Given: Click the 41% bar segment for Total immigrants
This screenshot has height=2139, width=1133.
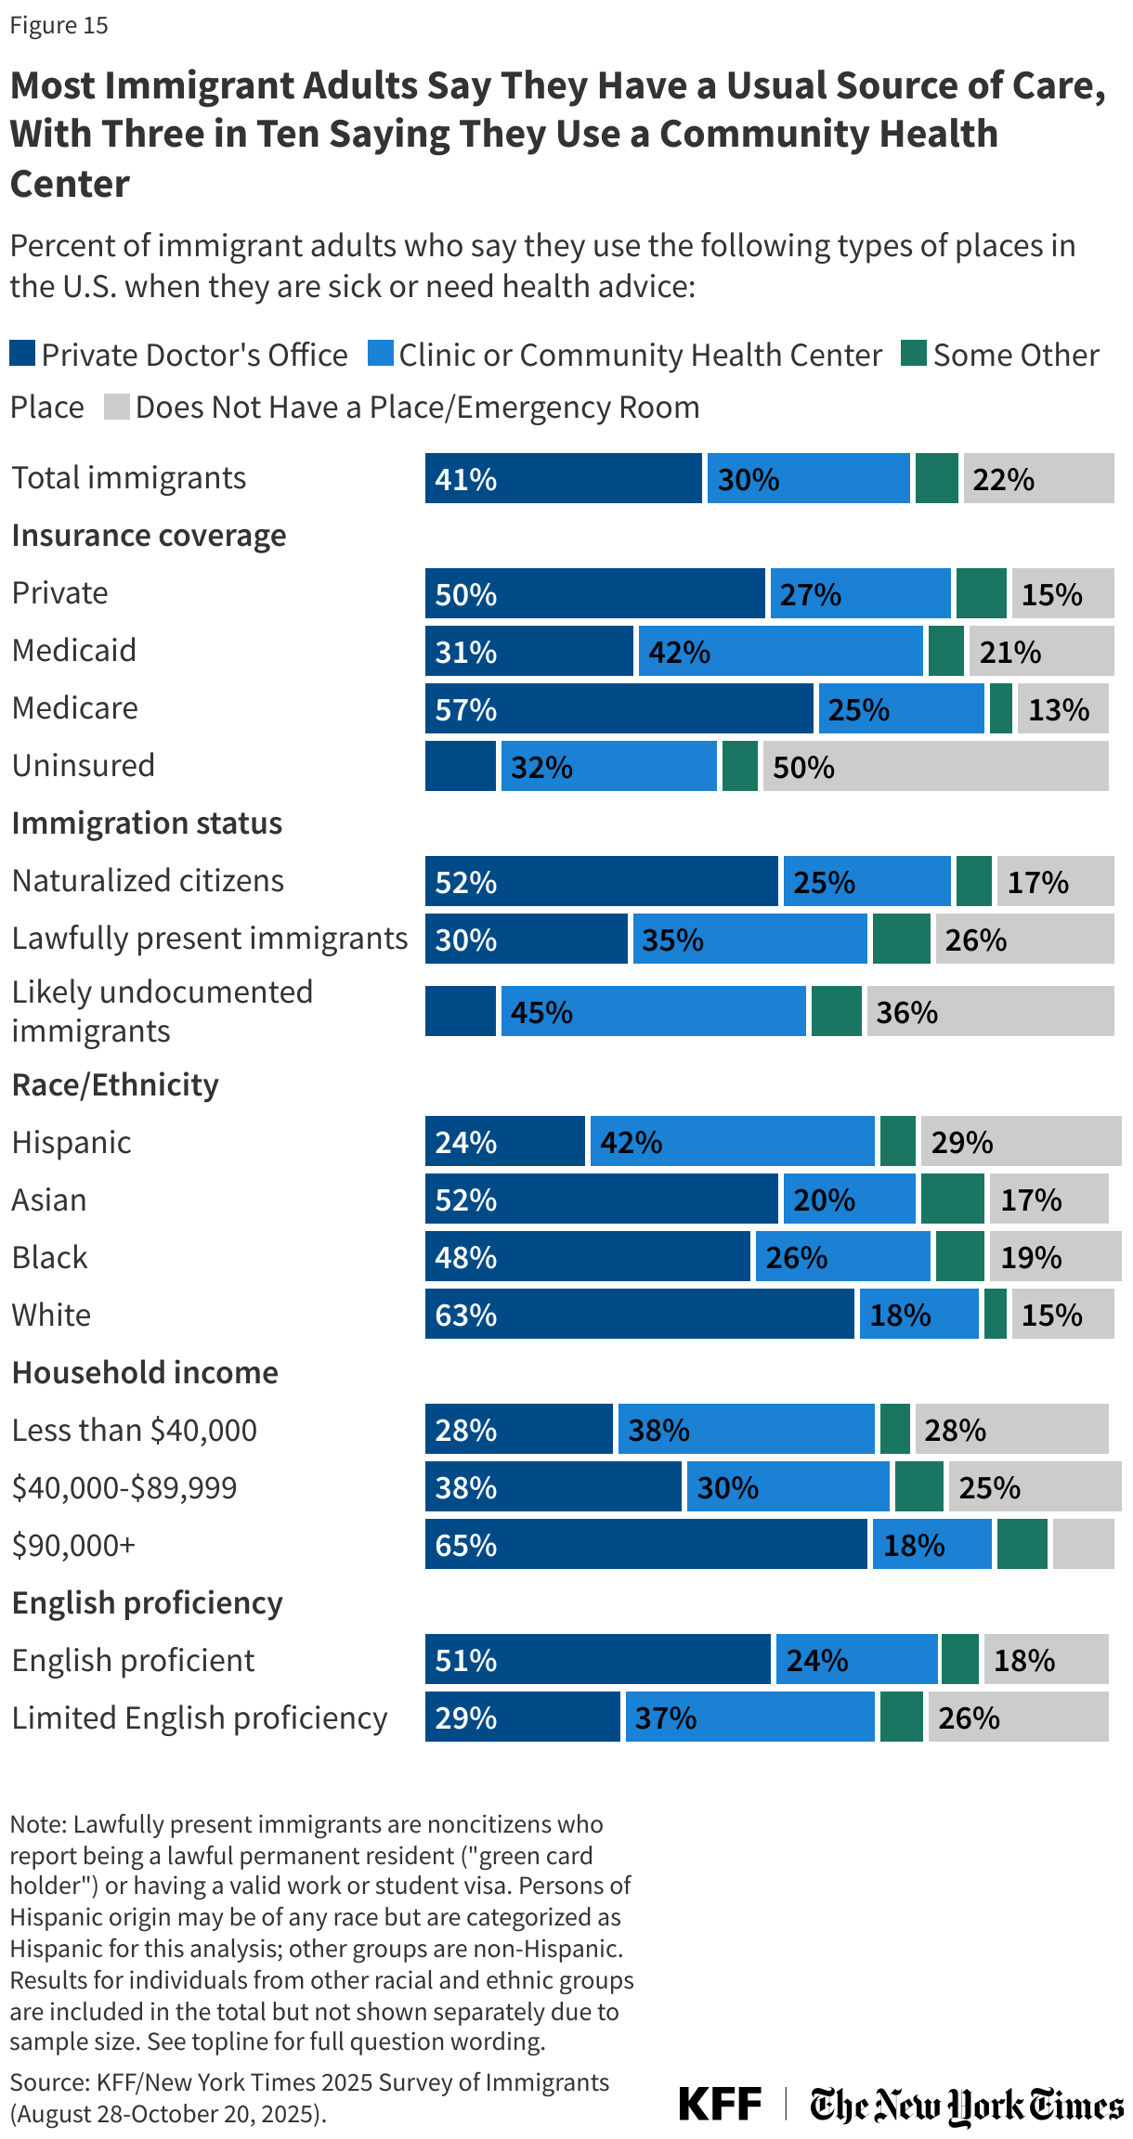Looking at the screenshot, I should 563,478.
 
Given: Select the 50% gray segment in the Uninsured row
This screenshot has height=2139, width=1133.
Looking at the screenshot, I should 935,766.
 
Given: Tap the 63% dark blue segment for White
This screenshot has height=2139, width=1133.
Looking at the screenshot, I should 639,1314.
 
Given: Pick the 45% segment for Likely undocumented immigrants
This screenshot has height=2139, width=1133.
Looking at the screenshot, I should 653,1011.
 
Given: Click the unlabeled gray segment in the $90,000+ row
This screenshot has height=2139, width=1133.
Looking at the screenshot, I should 1083,1544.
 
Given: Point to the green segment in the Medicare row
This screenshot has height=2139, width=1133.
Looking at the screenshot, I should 1000,708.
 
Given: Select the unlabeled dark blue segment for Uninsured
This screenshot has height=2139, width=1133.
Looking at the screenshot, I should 460,766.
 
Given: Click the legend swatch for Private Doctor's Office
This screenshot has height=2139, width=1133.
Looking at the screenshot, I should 22,354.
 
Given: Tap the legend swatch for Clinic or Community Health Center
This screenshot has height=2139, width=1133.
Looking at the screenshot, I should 380,354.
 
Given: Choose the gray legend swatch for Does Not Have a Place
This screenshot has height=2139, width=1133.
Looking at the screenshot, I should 116,407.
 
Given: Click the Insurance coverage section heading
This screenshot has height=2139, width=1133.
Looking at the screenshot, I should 149,536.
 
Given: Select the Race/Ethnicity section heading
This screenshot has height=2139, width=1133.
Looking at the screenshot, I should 115,1084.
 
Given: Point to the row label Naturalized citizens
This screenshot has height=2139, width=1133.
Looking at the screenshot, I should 148,880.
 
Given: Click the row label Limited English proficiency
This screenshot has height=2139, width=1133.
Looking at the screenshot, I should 199,1718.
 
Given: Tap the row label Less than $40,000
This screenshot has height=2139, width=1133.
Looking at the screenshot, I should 134,1430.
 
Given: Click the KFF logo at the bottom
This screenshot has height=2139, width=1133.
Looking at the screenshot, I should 720,2104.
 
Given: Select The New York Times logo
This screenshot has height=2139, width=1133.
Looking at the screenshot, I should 966,2106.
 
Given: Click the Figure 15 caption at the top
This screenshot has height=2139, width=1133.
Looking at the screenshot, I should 59,25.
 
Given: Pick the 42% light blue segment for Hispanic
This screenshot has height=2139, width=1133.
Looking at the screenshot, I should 732,1141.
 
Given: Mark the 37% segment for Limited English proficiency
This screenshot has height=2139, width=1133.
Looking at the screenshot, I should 749,1717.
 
